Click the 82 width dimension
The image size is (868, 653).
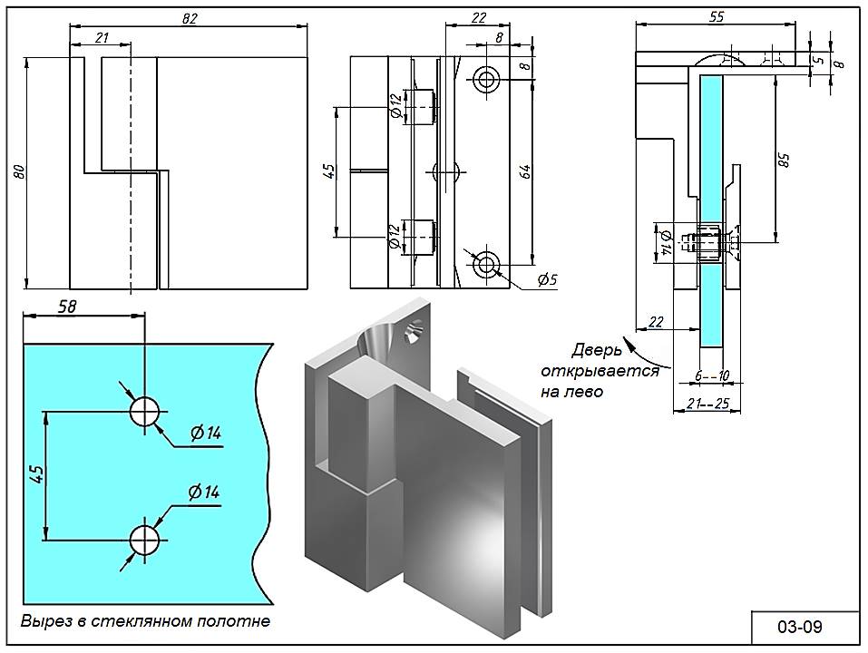pyautogui.click(x=190, y=18)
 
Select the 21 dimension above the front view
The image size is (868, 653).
pyautogui.click(x=100, y=37)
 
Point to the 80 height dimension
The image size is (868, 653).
pyautogui.click(x=19, y=172)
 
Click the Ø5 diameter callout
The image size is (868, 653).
pyautogui.click(x=547, y=280)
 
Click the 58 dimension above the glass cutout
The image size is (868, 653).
pyautogui.click(x=67, y=307)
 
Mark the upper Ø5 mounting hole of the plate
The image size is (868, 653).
pyautogui.click(x=487, y=79)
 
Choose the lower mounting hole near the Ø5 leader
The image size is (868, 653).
pyautogui.click(x=487, y=264)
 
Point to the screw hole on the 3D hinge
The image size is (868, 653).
pyautogui.click(x=412, y=335)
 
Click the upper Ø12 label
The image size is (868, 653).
pyautogui.click(x=395, y=105)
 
